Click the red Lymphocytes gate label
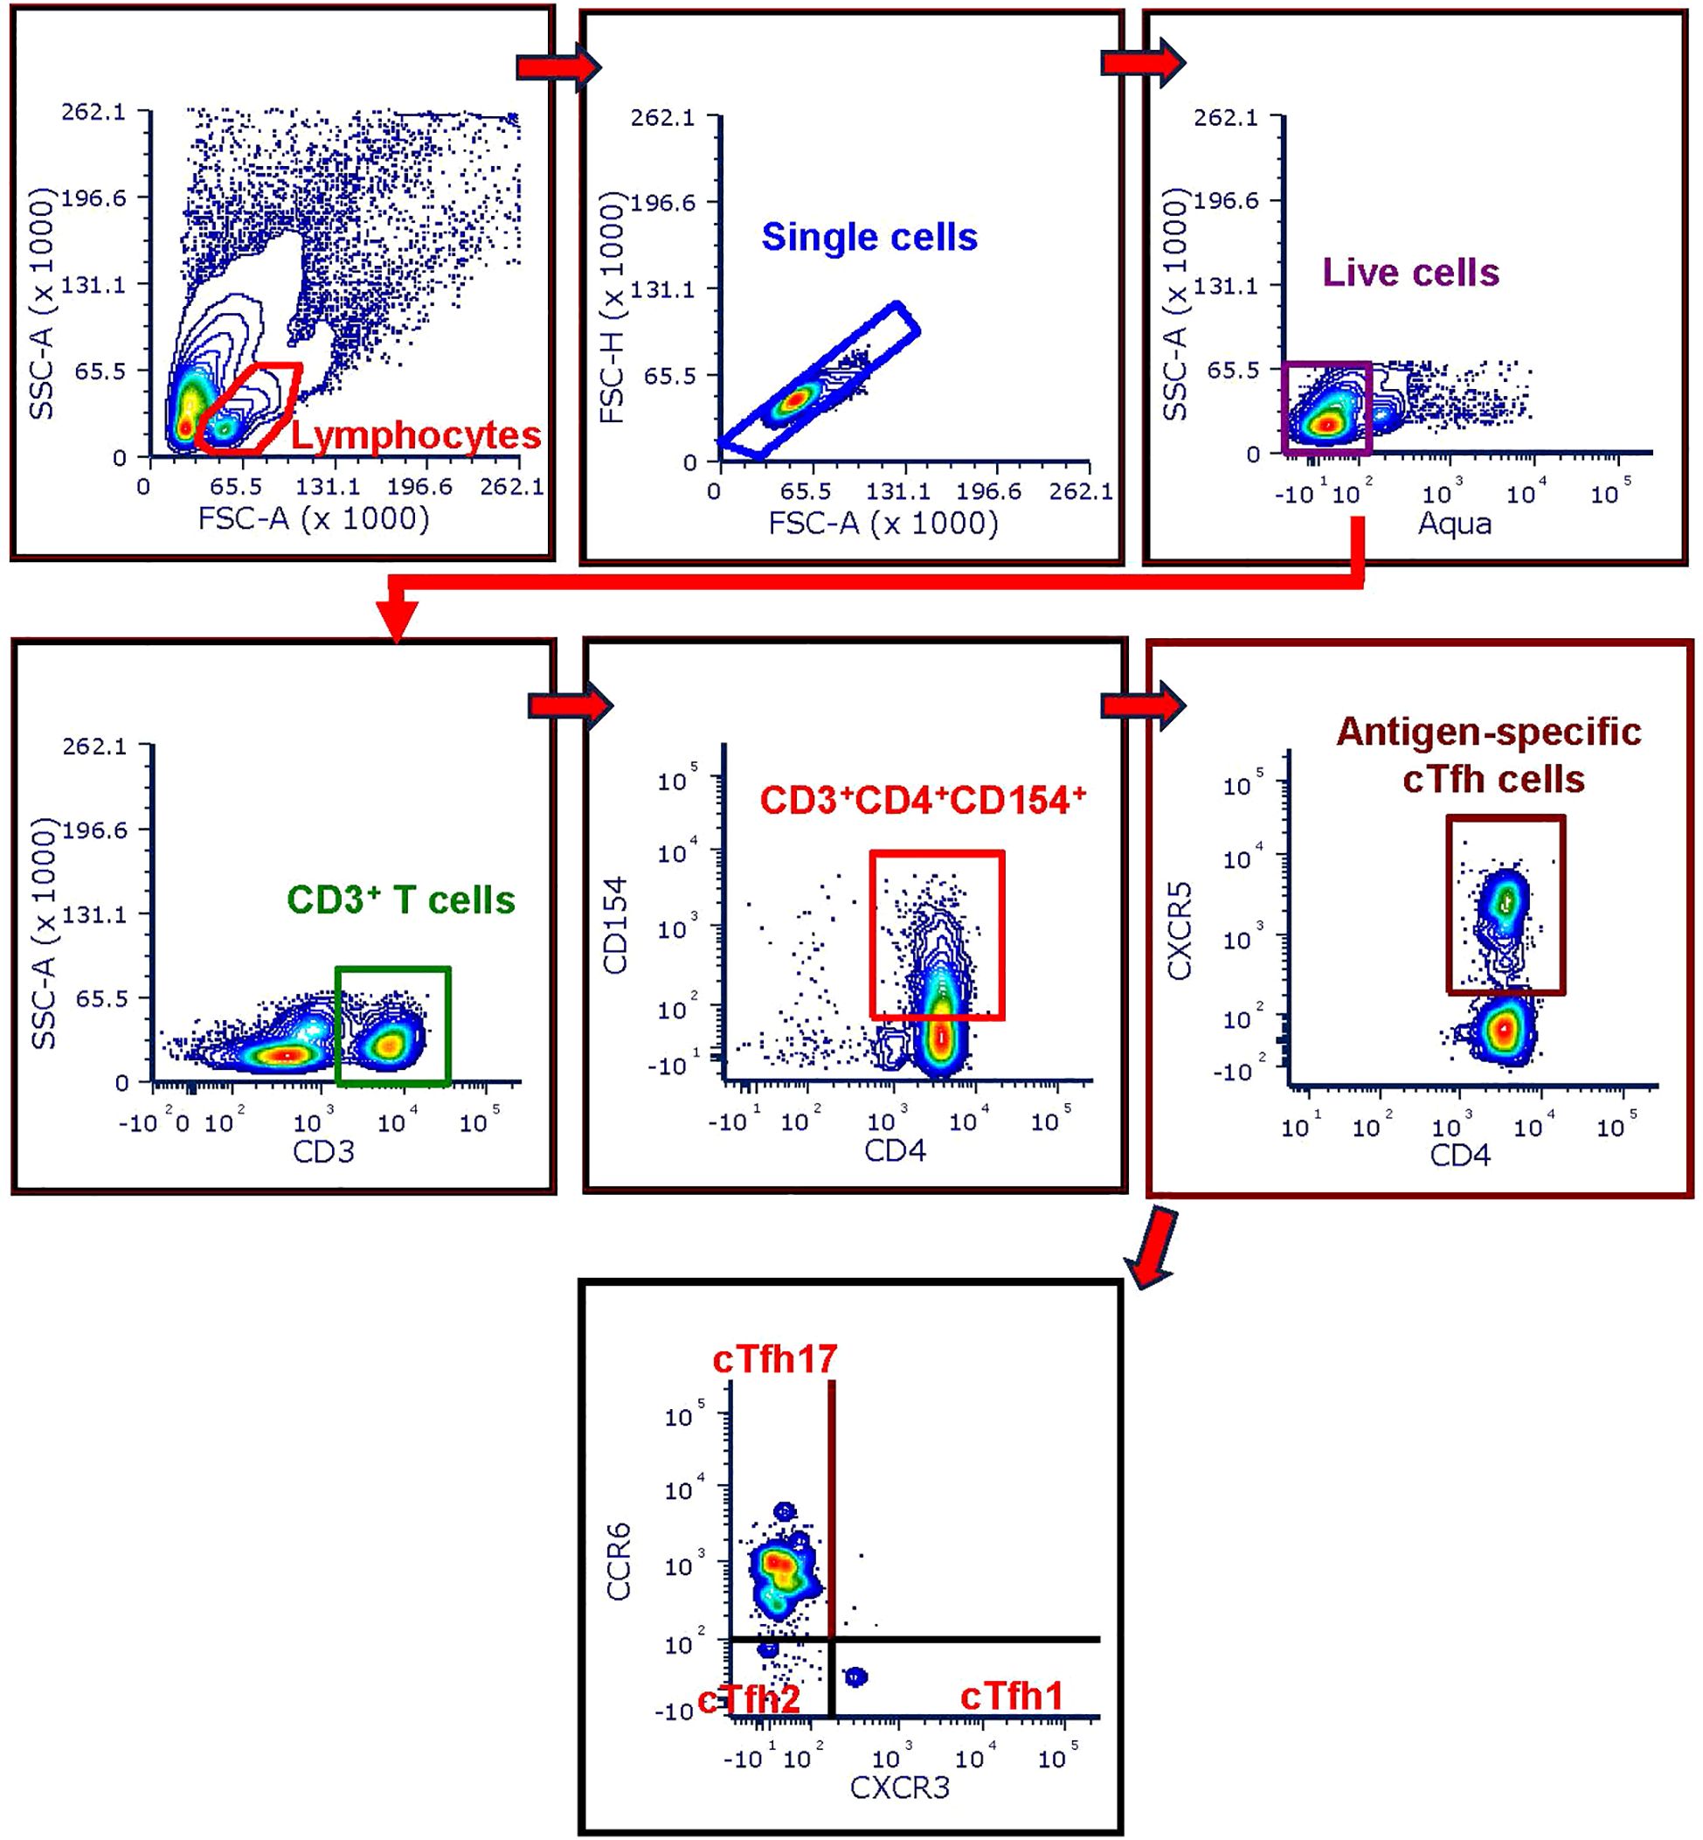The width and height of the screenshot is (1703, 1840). tap(416, 435)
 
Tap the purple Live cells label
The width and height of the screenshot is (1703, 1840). tap(1410, 273)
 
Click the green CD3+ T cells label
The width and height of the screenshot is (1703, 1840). tap(401, 899)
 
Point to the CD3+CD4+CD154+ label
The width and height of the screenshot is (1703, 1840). tap(923, 800)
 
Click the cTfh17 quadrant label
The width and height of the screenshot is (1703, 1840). tap(774, 1358)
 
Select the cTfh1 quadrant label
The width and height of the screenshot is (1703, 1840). tap(1011, 1696)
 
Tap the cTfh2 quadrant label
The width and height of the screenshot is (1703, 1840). tap(748, 1698)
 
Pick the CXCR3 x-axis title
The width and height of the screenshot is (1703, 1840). tap(898, 1788)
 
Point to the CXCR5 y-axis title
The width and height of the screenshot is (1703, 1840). tap(1180, 930)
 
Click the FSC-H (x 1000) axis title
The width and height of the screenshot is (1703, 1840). tap(611, 308)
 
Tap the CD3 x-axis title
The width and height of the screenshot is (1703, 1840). tap(323, 1151)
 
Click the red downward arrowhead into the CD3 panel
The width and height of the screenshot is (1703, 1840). tap(398, 621)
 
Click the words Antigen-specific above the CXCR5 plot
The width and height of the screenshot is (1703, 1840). tap(1487, 732)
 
